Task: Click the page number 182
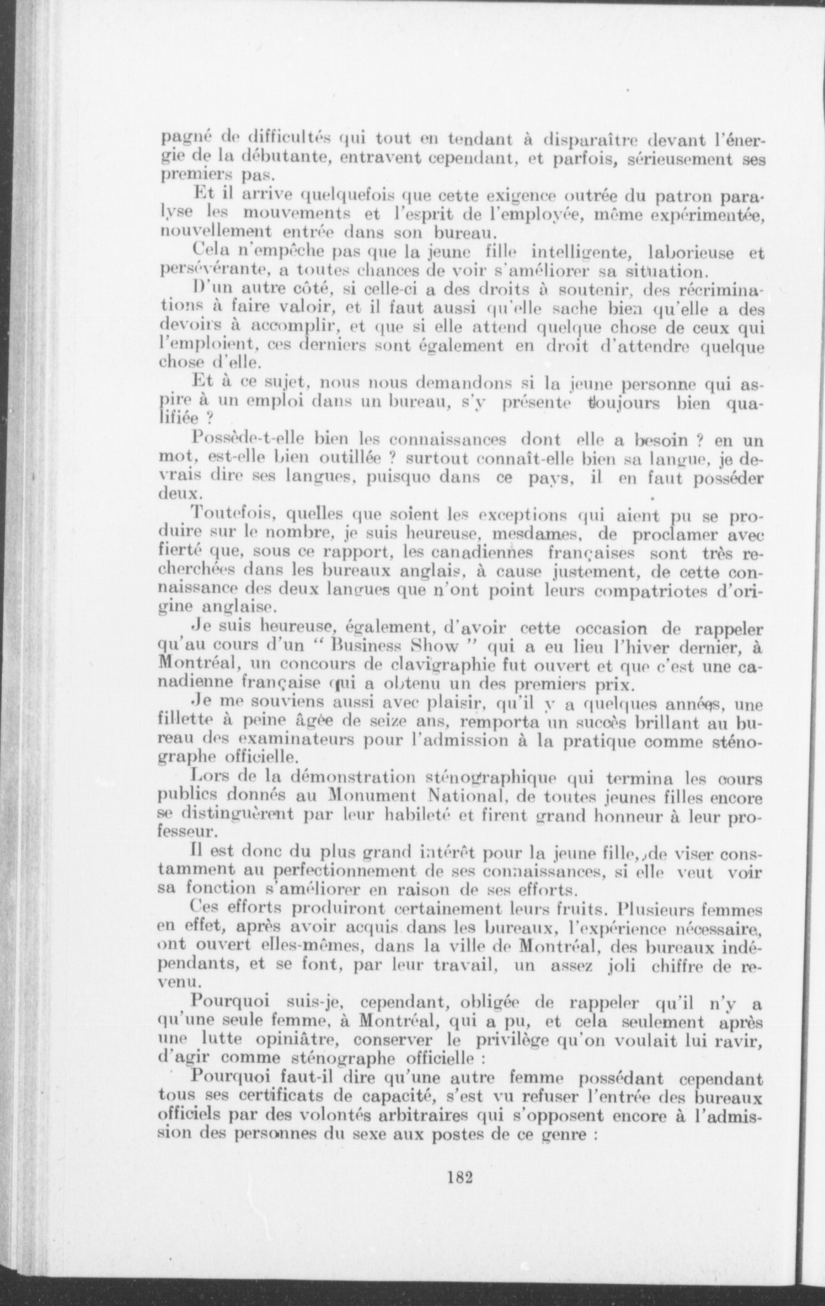pyautogui.click(x=461, y=1178)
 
